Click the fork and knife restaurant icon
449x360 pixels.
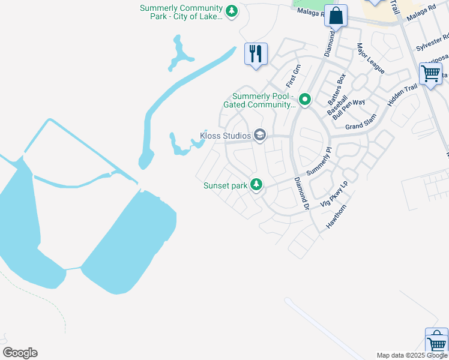256,53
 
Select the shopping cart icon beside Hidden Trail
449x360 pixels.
431,74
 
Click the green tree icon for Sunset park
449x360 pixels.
256,185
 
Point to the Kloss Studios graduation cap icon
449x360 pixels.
259,135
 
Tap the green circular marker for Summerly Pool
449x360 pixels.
305,100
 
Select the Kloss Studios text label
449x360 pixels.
225,136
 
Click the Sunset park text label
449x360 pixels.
226,185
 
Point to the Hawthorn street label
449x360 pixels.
337,216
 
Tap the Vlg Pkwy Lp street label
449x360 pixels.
334,194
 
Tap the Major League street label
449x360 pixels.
370,58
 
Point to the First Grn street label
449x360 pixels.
292,75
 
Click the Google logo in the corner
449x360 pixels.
20,353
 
